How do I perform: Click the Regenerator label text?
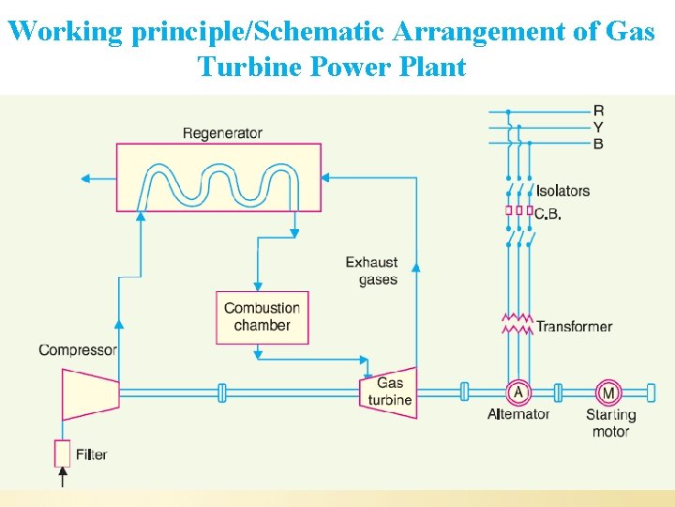[x=222, y=133]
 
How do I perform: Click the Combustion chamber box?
[x=262, y=317]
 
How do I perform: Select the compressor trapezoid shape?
[x=89, y=393]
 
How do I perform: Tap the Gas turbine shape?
[x=389, y=392]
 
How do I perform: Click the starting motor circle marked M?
[x=609, y=392]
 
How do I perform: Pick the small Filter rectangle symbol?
[x=62, y=453]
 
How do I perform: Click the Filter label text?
[x=92, y=454]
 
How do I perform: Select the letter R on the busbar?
[x=598, y=111]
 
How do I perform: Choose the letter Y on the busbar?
[x=598, y=127]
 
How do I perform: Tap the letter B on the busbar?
[x=598, y=143]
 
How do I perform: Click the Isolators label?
[x=562, y=191]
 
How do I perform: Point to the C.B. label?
[x=548, y=214]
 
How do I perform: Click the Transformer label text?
[x=574, y=327]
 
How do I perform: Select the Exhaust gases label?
[x=372, y=270]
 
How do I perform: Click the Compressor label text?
[x=78, y=350]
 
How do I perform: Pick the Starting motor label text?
[x=610, y=423]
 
